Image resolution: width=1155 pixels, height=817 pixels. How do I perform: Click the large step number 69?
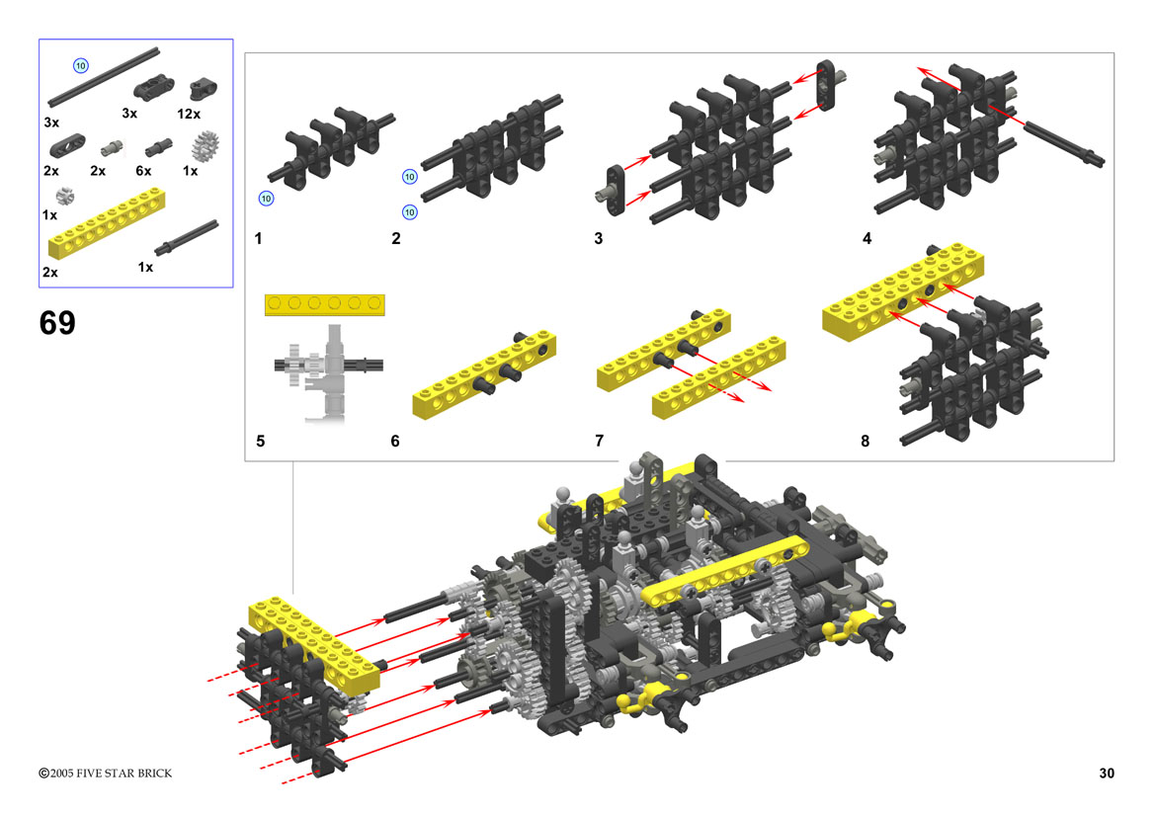click(57, 323)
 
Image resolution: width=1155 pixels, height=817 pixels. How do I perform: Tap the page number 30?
click(1107, 773)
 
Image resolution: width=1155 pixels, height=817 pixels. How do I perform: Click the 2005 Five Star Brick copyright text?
click(106, 773)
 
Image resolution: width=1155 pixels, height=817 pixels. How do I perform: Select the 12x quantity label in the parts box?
click(189, 114)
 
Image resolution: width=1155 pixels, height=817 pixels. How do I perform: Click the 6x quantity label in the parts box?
click(143, 171)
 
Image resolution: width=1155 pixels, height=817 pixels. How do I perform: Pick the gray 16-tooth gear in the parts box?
click(206, 146)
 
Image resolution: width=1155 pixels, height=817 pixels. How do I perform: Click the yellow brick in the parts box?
click(107, 223)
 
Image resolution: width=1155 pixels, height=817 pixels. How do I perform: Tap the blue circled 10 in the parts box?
click(81, 65)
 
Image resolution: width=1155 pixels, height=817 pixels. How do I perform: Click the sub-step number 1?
click(259, 239)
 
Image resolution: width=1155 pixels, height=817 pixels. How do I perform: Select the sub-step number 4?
click(866, 239)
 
